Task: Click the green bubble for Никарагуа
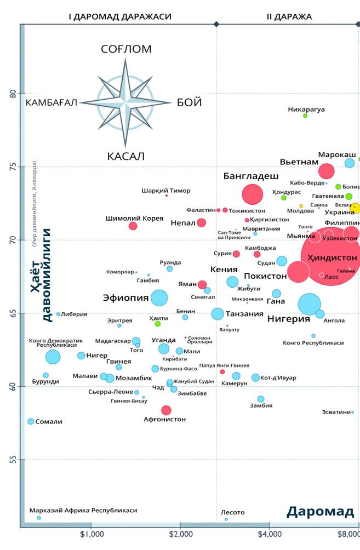305,116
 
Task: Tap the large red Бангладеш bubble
253,194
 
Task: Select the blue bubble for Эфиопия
159,298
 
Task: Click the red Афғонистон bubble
166,410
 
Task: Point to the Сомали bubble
31,421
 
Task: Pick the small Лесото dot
226,519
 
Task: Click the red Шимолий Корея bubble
133,226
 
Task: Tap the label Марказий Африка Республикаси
83,510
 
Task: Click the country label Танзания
245,314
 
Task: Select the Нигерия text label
289,319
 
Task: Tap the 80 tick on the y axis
13,94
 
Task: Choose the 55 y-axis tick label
13,460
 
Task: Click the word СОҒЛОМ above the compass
126,49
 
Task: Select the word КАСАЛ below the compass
125,157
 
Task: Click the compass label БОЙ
190,102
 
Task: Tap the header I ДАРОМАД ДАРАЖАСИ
120,16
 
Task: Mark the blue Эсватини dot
352,412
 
